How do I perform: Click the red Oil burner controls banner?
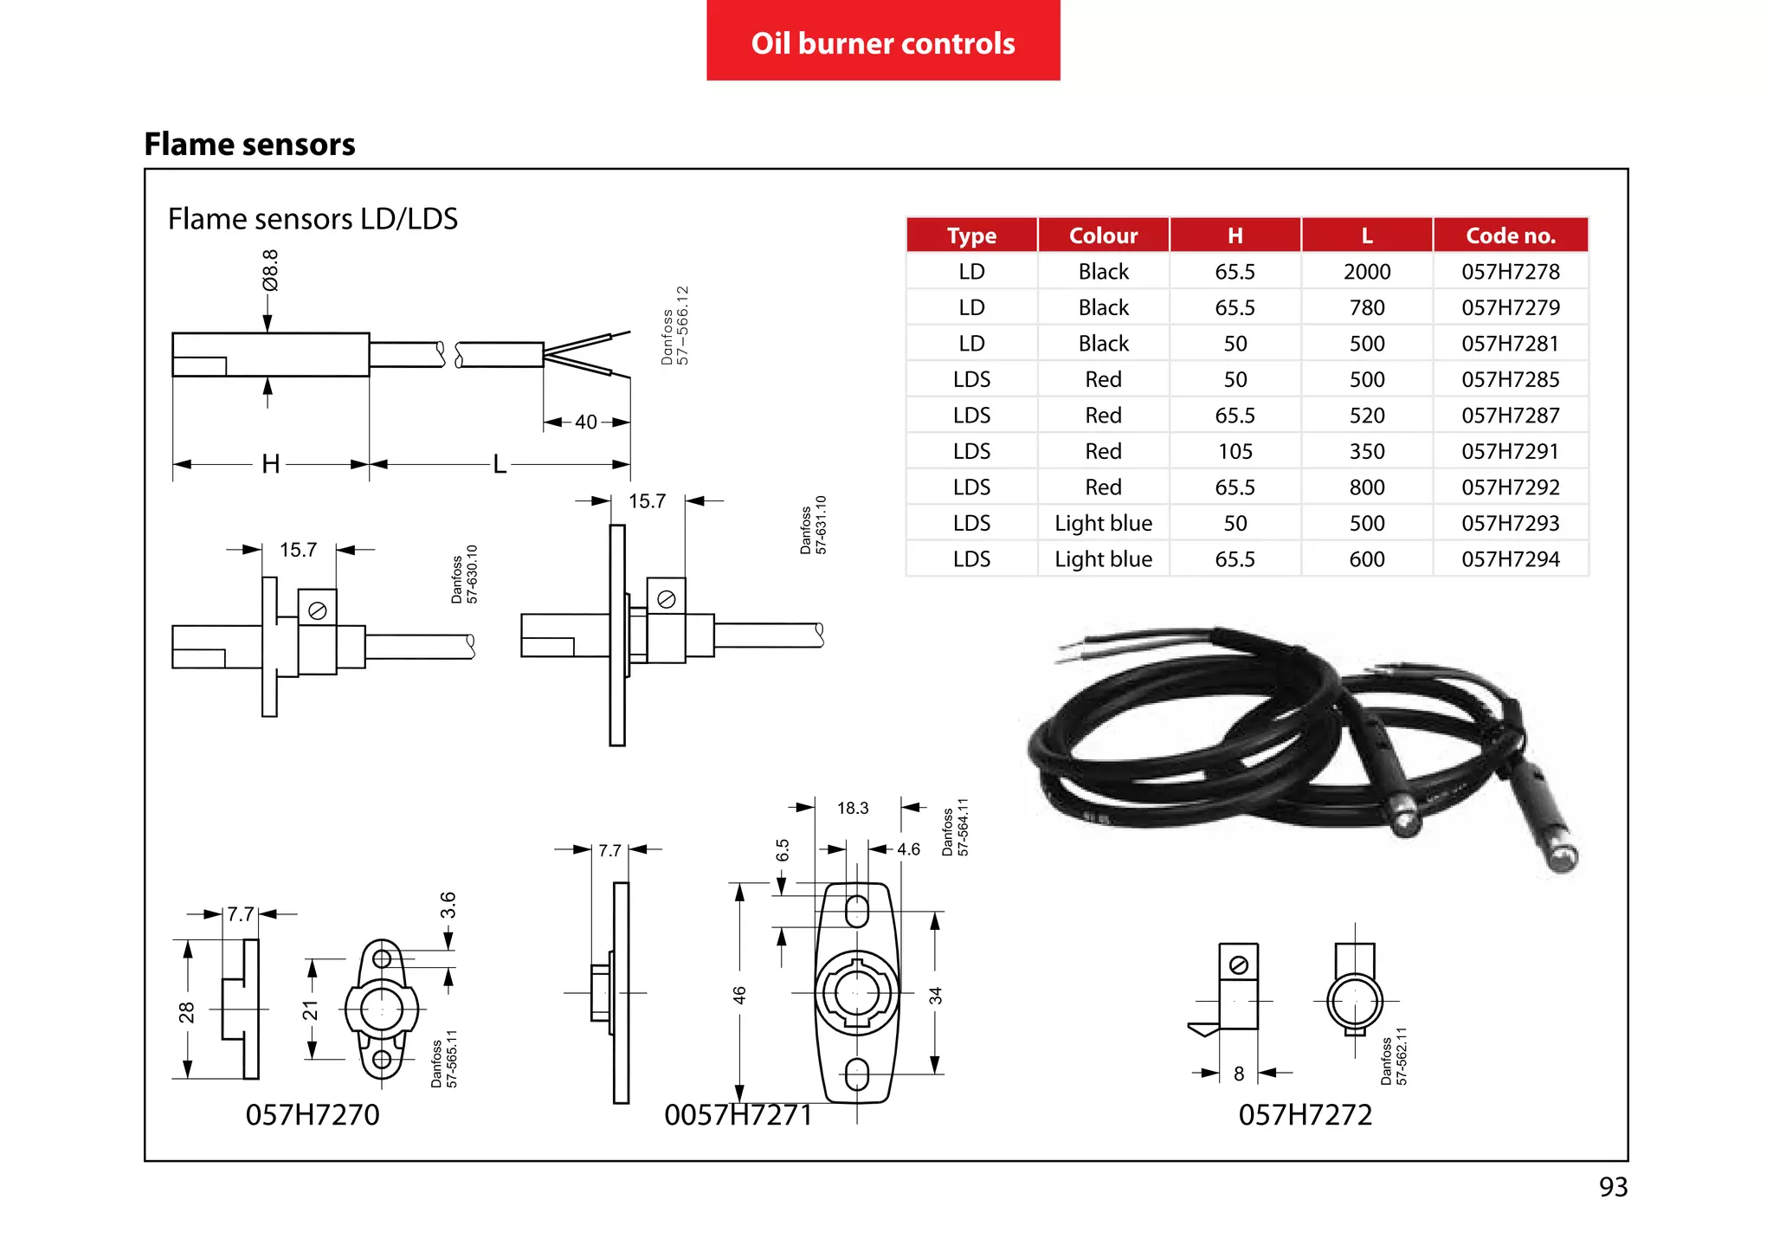pyautogui.click(x=883, y=42)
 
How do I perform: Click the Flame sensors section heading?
pyautogui.click(x=249, y=144)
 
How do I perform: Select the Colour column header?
pyautogui.click(x=1103, y=235)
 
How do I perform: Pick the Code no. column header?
pyautogui.click(x=1510, y=235)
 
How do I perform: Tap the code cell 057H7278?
pyautogui.click(x=1510, y=272)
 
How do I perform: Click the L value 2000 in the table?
pyautogui.click(x=1366, y=272)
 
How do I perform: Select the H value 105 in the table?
pyautogui.click(x=1235, y=451)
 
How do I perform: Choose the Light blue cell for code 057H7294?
pyautogui.click(x=1103, y=559)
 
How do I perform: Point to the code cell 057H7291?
pyautogui.click(x=1510, y=451)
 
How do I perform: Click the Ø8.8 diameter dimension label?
pyautogui.click(x=270, y=270)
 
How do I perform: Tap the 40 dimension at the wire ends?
pyautogui.click(x=586, y=422)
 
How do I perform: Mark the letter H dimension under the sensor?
pyautogui.click(x=271, y=464)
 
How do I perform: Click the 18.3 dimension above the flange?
pyautogui.click(x=852, y=808)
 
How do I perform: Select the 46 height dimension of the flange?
pyautogui.click(x=739, y=995)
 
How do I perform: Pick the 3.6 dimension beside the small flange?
pyautogui.click(x=448, y=905)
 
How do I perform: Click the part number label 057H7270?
pyautogui.click(x=313, y=1114)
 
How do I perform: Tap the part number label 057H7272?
pyautogui.click(x=1305, y=1114)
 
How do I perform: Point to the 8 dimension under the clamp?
pyautogui.click(x=1239, y=1074)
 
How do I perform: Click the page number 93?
pyautogui.click(x=1613, y=1187)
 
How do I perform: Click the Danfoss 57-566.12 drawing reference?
pyautogui.click(x=674, y=326)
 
